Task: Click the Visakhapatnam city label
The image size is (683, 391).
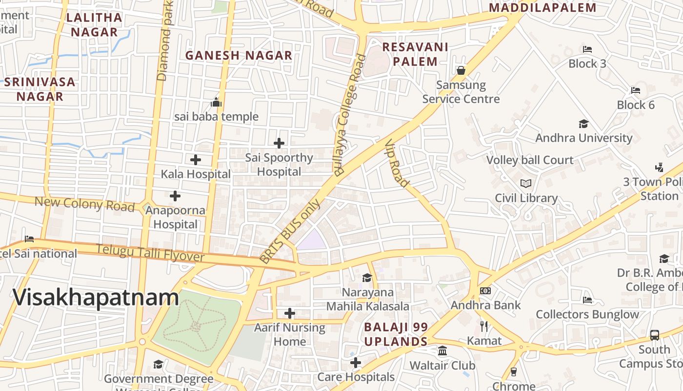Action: click(x=96, y=298)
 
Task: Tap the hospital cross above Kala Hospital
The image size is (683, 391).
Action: click(x=196, y=160)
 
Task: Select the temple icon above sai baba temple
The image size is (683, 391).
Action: click(x=216, y=102)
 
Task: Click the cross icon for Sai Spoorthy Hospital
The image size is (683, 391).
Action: click(x=279, y=143)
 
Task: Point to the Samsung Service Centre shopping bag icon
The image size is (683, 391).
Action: click(x=461, y=70)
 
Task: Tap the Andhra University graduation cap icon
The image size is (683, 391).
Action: click(x=583, y=124)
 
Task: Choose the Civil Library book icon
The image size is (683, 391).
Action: click(x=526, y=184)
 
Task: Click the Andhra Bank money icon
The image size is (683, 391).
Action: click(x=485, y=291)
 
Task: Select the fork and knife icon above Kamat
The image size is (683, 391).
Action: click(x=484, y=326)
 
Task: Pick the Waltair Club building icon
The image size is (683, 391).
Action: click(x=442, y=351)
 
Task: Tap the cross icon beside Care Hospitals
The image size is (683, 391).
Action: click(x=356, y=363)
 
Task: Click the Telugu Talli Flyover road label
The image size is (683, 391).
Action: click(x=150, y=253)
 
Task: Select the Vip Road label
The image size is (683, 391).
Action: click(x=397, y=164)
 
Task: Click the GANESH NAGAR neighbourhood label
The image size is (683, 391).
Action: click(x=239, y=55)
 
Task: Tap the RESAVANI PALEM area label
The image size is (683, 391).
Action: click(x=415, y=54)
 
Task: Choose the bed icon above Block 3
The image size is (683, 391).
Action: click(x=587, y=49)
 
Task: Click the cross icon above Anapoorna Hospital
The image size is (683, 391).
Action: click(x=175, y=196)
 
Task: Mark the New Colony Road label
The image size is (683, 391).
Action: click(x=84, y=204)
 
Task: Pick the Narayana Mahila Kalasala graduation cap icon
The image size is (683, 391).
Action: click(x=367, y=278)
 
